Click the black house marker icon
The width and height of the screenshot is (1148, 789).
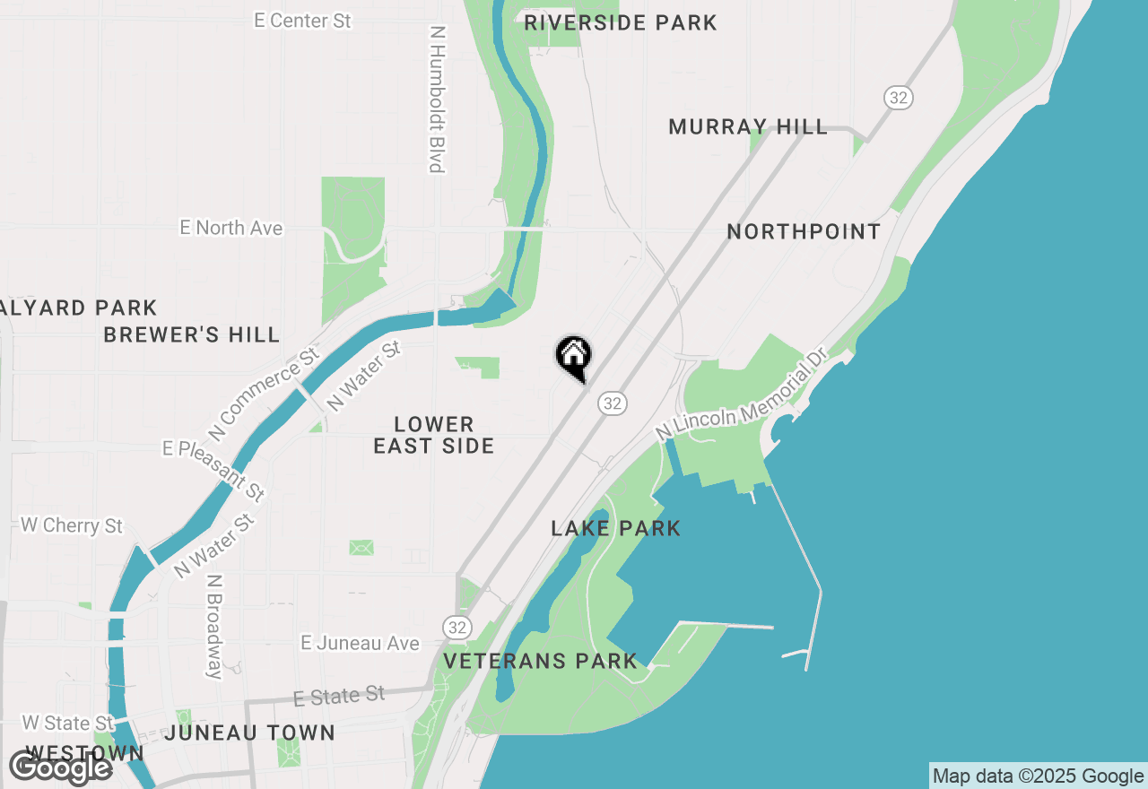[573, 357]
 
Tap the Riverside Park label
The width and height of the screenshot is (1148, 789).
[620, 22]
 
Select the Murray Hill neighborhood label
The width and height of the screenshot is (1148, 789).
[748, 126]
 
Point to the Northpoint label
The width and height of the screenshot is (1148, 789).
[804, 231]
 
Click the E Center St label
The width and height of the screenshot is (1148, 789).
[302, 21]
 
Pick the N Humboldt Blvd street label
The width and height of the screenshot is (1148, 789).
[437, 98]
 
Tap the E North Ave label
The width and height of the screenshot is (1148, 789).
[231, 228]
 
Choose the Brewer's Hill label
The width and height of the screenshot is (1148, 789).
[192, 334]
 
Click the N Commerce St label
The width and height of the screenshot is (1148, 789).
[265, 394]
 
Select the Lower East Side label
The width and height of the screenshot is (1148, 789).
[434, 435]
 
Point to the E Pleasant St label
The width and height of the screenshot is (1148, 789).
[213, 470]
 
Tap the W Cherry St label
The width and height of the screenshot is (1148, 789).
[72, 525]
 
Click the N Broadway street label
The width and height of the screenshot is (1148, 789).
[213, 626]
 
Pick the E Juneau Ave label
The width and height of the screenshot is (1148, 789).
[360, 643]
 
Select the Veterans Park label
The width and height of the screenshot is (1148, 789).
[540, 662]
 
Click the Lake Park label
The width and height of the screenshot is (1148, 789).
[616, 528]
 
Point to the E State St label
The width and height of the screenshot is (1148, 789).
[339, 696]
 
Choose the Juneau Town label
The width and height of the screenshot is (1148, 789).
[249, 733]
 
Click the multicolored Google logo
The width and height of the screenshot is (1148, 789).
[61, 767]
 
